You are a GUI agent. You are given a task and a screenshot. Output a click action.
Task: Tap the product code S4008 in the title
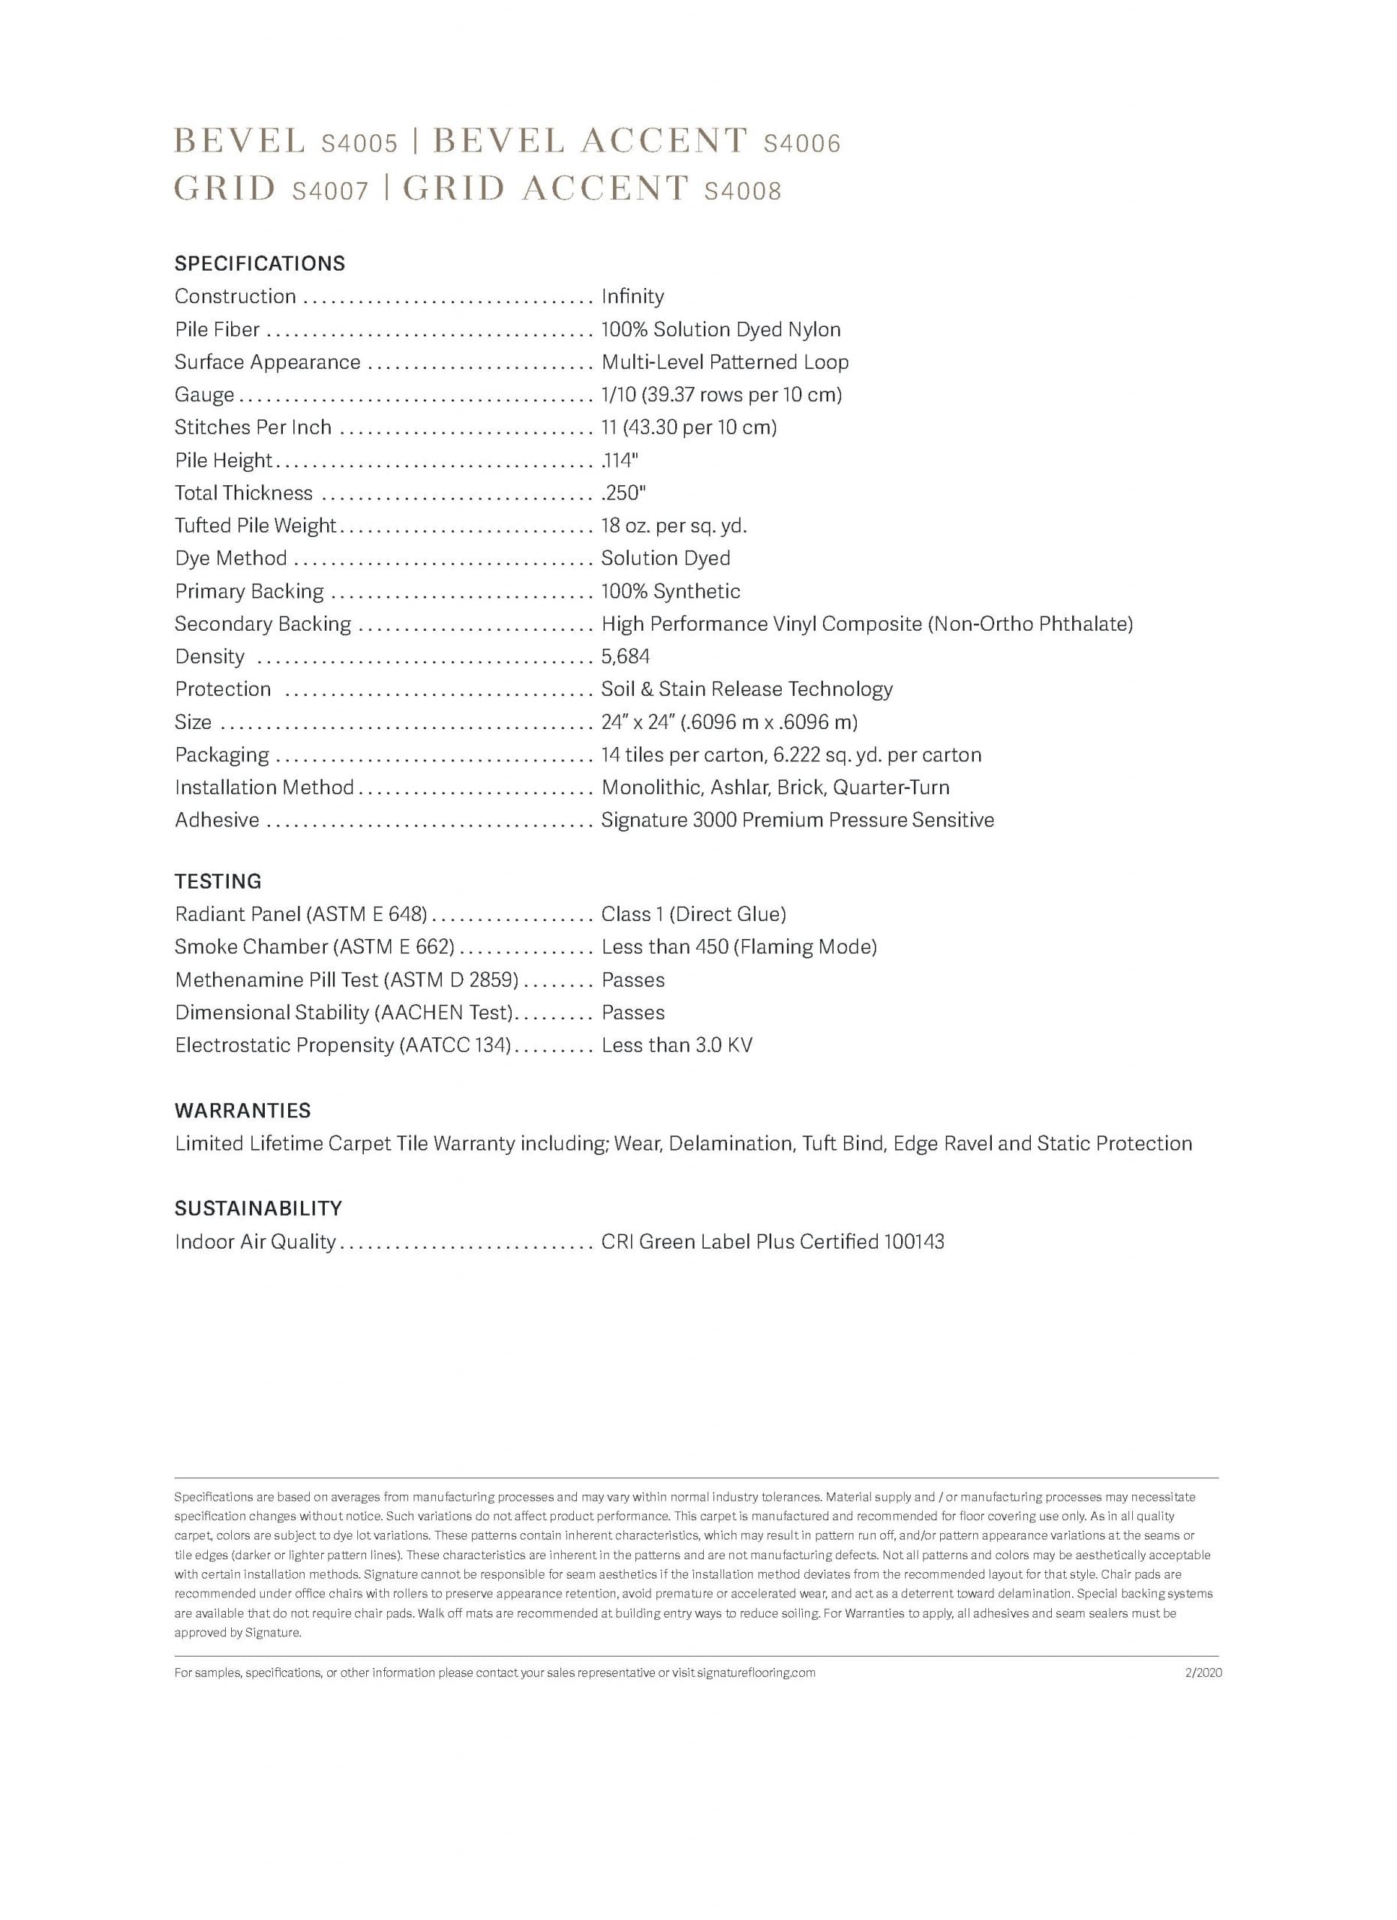coord(743,191)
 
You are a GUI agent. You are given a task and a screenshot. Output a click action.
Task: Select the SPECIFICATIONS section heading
coord(260,263)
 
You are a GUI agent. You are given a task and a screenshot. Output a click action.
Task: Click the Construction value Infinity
coord(632,296)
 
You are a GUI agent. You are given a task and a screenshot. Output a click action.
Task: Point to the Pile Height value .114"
coord(619,460)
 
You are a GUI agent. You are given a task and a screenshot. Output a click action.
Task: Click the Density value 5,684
coord(625,656)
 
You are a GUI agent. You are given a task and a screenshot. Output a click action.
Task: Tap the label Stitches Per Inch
coord(253,427)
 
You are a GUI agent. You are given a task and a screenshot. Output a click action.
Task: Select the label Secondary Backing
coord(263,624)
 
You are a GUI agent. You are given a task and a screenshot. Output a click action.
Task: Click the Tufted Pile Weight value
coord(674,526)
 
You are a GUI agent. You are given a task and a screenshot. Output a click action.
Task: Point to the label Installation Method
coord(264,787)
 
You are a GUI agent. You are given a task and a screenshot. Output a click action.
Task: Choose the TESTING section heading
coord(218,881)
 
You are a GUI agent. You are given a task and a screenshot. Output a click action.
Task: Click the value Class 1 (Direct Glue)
coord(693,914)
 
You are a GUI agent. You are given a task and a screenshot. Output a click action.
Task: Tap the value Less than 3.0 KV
coord(677,1045)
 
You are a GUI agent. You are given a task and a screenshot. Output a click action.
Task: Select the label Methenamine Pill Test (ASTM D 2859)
coord(347,980)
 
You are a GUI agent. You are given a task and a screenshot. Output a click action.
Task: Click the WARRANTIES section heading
coord(243,1111)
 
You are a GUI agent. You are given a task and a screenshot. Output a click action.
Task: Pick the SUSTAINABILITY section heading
coord(258,1208)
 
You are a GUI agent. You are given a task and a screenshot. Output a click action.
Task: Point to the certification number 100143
coord(914,1242)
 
